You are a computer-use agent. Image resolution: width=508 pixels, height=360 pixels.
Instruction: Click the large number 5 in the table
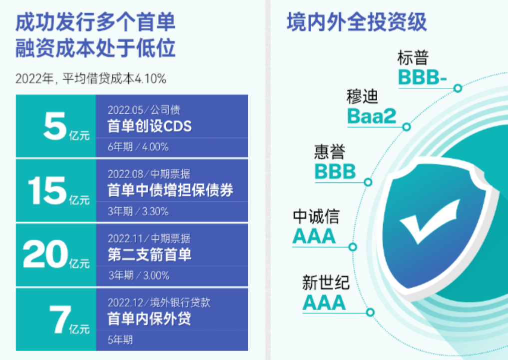pyautogui.click(x=55, y=126)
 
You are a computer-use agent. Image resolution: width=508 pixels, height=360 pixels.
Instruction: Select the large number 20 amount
pyautogui.click(x=45, y=254)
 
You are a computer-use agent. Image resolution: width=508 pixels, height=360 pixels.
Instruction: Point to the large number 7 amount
pyautogui.click(x=60, y=320)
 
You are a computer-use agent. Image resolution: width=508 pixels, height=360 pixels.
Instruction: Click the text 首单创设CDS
pyautogui.click(x=149, y=126)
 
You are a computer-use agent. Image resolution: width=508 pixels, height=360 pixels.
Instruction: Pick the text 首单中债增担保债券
pyautogui.click(x=170, y=190)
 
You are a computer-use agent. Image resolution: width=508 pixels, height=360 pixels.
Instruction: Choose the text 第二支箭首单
pyautogui.click(x=149, y=254)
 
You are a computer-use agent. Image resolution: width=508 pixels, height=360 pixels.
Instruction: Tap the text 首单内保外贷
pyautogui.click(x=149, y=318)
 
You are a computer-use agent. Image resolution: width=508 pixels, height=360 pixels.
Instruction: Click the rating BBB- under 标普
pyautogui.click(x=422, y=77)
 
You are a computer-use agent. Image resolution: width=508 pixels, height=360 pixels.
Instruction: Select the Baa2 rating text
pyautogui.click(x=372, y=116)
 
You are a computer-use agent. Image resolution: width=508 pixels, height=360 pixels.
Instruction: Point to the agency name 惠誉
pyautogui.click(x=330, y=152)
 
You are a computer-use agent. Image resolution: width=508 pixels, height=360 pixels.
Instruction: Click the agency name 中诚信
pyautogui.click(x=316, y=216)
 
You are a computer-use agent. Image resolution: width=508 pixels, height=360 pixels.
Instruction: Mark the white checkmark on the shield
pyautogui.click(x=430, y=221)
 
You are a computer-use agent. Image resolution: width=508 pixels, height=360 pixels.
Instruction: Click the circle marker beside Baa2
pyautogui.click(x=407, y=127)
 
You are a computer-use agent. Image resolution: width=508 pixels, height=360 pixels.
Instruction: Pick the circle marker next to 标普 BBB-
pyautogui.click(x=458, y=88)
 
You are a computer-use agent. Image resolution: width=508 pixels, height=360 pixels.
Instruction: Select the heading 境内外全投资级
pyautogui.click(x=357, y=22)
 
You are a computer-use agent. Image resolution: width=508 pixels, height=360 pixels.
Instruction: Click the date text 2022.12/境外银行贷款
pyautogui.click(x=159, y=302)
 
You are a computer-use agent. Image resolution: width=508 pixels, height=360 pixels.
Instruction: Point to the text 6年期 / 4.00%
pyautogui.click(x=138, y=147)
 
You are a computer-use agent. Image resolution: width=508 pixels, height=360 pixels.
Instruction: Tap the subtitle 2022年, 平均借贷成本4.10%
pyautogui.click(x=91, y=78)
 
